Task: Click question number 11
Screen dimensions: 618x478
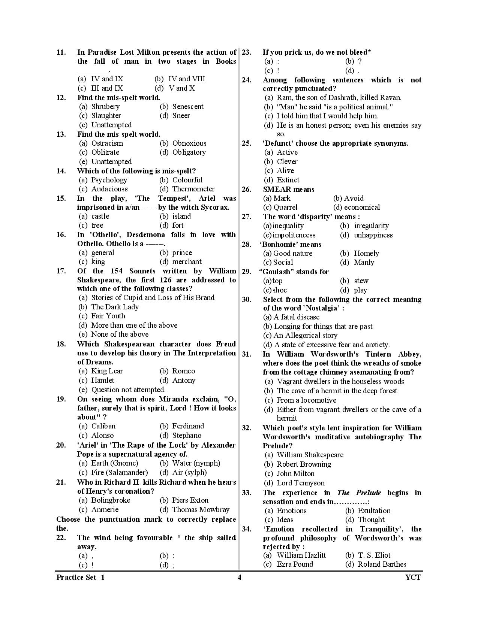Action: coord(61,52)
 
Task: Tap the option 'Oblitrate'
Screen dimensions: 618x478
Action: coord(105,152)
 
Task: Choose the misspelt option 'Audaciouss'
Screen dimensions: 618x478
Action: coord(109,189)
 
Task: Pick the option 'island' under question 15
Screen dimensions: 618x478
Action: coord(181,216)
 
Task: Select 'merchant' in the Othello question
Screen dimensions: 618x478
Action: coord(187,262)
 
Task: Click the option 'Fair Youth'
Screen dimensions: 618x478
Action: coord(108,316)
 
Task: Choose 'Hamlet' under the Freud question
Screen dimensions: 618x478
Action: coord(103,381)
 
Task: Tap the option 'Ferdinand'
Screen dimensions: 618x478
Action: coord(188,426)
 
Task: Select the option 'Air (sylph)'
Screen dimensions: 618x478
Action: coord(189,473)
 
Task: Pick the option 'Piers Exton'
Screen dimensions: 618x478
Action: coord(190,500)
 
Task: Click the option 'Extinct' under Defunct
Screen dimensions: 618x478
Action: coord(288,180)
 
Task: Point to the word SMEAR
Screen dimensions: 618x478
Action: coord(277,190)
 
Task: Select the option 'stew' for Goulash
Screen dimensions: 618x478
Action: coord(361,281)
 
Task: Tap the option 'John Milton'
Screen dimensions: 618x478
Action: coord(295,474)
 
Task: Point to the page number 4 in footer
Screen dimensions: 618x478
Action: coord(239,577)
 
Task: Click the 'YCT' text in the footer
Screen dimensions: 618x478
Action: coord(413,577)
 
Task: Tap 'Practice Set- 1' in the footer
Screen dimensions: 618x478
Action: coord(81,577)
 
